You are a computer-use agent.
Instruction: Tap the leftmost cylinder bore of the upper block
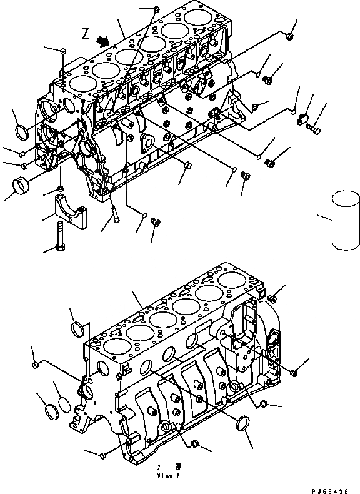[82, 83]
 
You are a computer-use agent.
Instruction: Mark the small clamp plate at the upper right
[305, 116]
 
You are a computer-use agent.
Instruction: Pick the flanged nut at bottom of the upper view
[156, 221]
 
